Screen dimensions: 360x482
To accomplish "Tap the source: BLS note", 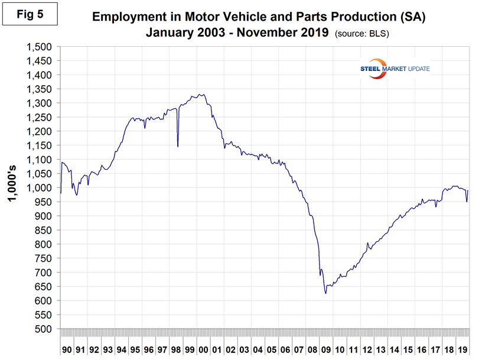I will (x=361, y=34).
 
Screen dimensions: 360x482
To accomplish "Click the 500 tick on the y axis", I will (x=45, y=329).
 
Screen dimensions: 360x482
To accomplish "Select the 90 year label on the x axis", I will (x=67, y=349).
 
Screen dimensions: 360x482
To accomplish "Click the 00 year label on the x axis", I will (x=203, y=349).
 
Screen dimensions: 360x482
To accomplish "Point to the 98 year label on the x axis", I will (x=176, y=349).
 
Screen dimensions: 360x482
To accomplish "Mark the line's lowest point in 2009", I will (x=325, y=293).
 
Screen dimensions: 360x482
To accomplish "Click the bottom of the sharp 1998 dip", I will (x=178, y=146).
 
